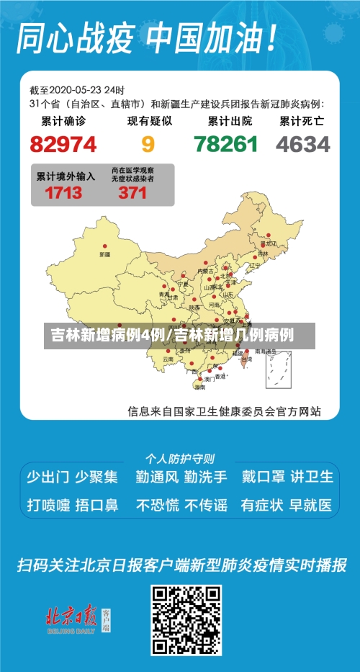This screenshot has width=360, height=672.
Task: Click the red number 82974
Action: point(63,145)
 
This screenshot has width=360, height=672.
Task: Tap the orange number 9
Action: point(148,145)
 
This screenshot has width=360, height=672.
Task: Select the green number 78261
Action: point(225,145)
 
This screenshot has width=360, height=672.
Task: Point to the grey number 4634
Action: point(302,145)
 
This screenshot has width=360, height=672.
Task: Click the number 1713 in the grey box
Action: point(63,193)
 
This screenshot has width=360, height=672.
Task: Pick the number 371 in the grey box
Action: point(132,193)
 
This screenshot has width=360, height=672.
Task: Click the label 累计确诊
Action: point(63,122)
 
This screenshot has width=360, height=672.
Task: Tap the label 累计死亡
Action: point(302,122)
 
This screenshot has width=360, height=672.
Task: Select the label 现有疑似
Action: point(149,122)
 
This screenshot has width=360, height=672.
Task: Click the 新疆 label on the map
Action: point(105,255)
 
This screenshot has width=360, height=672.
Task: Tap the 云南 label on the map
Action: point(168,358)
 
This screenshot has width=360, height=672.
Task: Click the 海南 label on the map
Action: point(199,387)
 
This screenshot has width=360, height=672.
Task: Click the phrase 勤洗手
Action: point(205,476)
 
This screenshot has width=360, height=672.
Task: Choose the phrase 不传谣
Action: point(205,505)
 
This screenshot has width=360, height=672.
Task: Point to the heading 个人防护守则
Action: point(179,458)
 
